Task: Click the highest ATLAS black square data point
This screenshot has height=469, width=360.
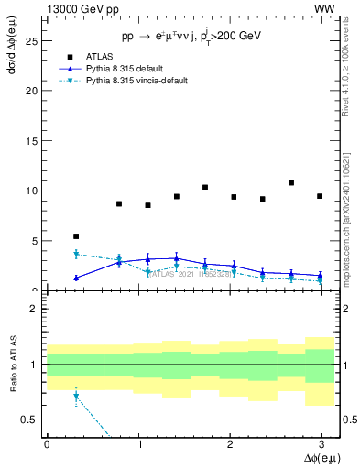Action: pyautogui.click(x=291, y=183)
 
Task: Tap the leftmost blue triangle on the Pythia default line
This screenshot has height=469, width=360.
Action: pyautogui.click(x=76, y=278)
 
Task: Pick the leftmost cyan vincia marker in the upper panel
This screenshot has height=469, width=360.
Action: pyautogui.click(x=76, y=254)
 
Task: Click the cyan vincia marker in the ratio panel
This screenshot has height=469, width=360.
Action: pyautogui.click(x=76, y=397)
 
